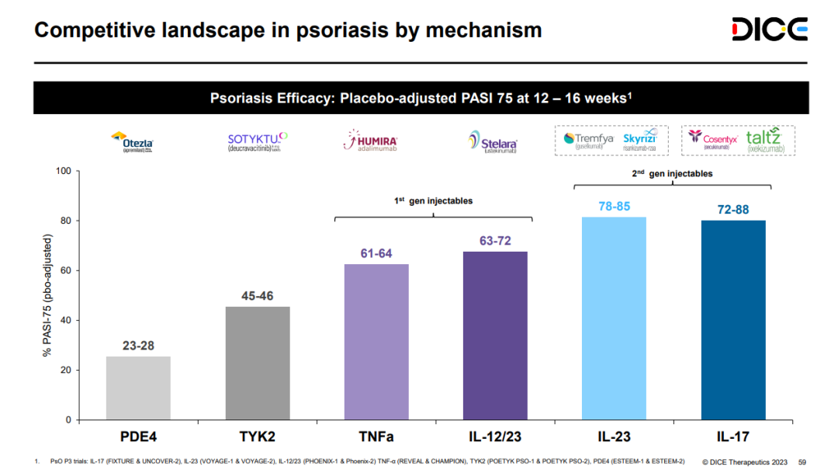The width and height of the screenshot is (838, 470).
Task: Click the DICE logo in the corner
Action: pos(770,30)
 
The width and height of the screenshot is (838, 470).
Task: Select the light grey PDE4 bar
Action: pos(138,388)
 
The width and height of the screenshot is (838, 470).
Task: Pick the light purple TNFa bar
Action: pos(376,342)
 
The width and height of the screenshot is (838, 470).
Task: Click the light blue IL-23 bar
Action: pos(614,319)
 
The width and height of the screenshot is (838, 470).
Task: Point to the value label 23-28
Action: pos(138,346)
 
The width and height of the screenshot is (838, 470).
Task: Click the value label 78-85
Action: pos(614,207)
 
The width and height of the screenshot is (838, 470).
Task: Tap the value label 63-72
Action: pos(495,241)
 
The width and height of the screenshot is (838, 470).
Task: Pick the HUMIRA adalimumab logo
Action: pos(376,141)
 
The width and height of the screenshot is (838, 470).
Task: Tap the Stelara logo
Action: pos(493,142)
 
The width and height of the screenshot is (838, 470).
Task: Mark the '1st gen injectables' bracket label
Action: pos(435,201)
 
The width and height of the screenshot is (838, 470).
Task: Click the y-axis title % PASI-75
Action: pos(48,295)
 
